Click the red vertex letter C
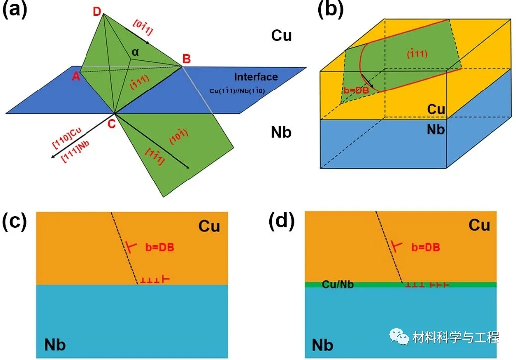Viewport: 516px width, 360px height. [111, 123]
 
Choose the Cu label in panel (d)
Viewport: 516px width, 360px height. [479, 225]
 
